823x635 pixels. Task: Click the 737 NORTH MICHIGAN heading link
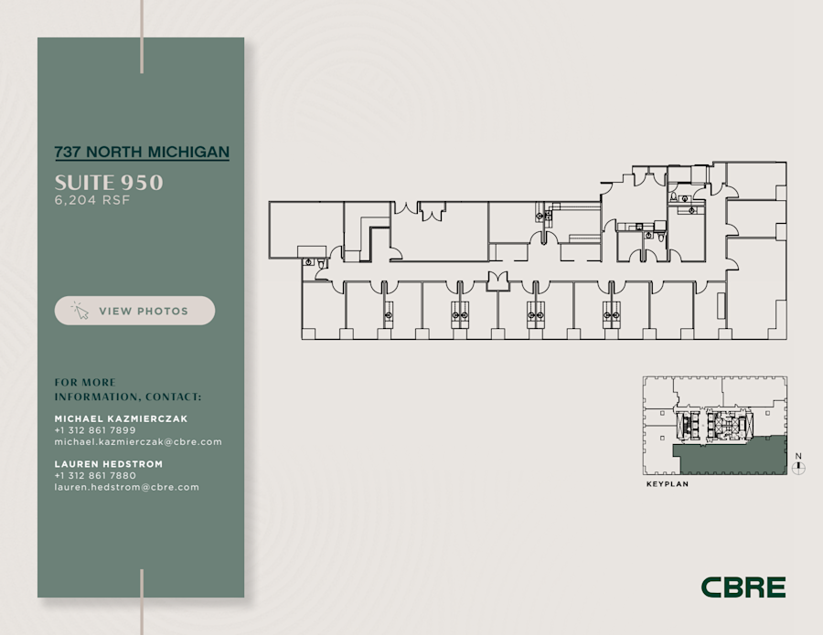[x=142, y=152]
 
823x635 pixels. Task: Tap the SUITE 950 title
[x=109, y=182]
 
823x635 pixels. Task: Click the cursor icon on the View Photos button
[x=80, y=311]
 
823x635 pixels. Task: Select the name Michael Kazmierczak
[x=121, y=418]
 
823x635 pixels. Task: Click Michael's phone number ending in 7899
[x=95, y=430]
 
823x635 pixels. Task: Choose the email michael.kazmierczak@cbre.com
[x=138, y=442]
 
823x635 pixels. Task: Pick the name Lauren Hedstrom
[x=109, y=464]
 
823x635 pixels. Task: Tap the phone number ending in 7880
[x=95, y=476]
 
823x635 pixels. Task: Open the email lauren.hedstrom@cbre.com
[x=127, y=487]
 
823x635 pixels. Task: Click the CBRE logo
[x=743, y=587]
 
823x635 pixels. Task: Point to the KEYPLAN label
[x=667, y=484]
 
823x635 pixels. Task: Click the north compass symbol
[x=799, y=469]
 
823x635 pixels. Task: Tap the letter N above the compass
[x=798, y=456]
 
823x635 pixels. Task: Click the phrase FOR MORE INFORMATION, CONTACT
[x=127, y=389]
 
